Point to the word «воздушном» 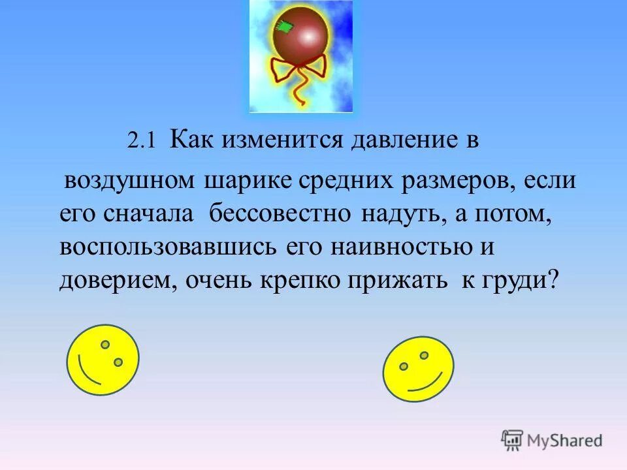(x=129, y=180)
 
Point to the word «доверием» (x=117, y=281)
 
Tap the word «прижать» (x=397, y=281)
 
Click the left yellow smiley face (x=103, y=360)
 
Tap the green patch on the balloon (x=284, y=27)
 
